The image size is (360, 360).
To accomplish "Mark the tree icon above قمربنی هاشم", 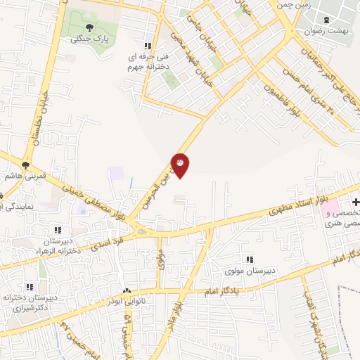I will pyautogui.click(x=26, y=166).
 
